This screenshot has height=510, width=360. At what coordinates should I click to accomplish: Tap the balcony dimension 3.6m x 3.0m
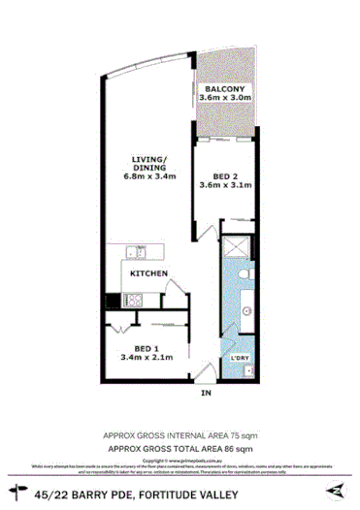[225, 98]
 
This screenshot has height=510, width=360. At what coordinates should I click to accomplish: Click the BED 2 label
[225, 175]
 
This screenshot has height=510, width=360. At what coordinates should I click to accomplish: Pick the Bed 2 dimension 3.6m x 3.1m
[225, 185]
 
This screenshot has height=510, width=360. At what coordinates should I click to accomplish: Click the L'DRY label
[240, 361]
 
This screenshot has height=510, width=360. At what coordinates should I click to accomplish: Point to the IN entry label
[205, 394]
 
